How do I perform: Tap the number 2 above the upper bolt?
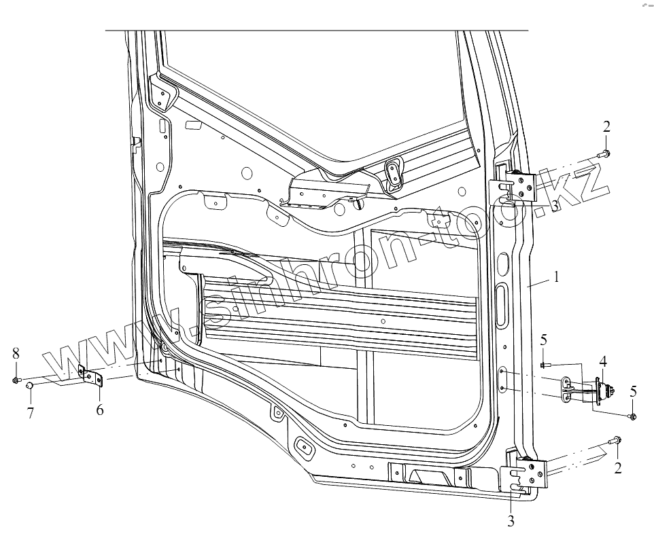click(606, 126)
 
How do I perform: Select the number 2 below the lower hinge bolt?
click(617, 467)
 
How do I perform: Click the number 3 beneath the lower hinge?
click(511, 522)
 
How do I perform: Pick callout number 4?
click(602, 361)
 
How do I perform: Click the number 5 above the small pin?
click(544, 340)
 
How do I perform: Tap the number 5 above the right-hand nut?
click(633, 391)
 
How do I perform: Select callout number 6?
click(100, 410)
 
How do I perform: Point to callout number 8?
click(15, 353)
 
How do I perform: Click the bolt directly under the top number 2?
click(606, 153)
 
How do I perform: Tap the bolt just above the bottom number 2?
click(616, 441)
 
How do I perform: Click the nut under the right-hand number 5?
click(633, 416)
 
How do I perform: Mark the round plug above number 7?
click(30, 386)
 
